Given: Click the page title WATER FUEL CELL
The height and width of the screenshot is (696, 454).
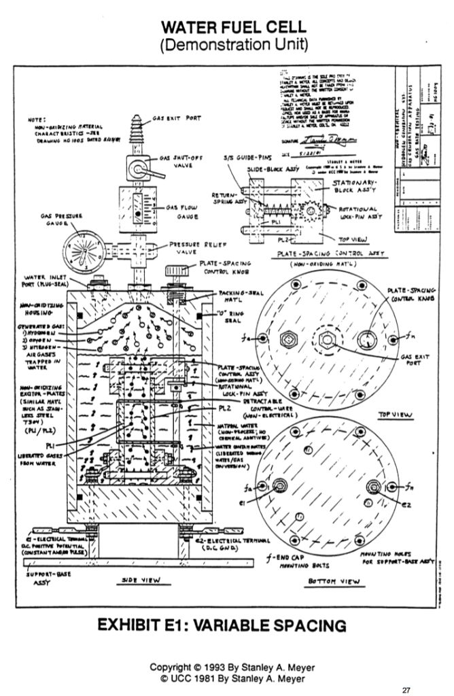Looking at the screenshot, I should (227, 29).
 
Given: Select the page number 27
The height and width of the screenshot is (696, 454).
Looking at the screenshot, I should (407, 689).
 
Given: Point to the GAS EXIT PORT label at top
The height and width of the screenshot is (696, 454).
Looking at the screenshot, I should (178, 117).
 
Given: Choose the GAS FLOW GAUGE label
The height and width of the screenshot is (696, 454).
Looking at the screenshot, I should (181, 212).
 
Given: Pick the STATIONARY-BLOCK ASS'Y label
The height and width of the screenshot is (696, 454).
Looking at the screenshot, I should (354, 187).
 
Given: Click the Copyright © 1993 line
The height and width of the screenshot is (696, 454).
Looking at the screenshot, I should (226, 666).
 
